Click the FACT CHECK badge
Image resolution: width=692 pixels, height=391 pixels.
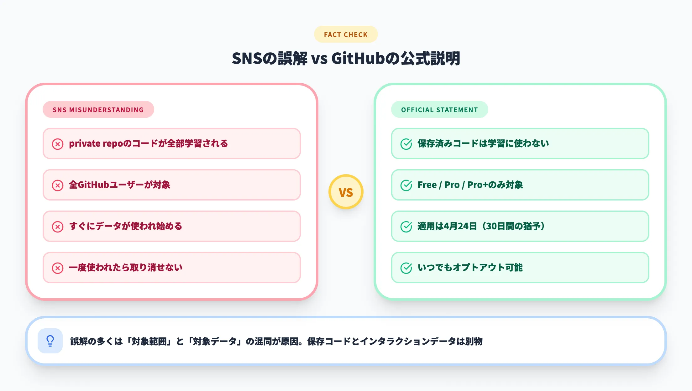click(346, 34)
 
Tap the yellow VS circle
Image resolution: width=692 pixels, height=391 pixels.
click(346, 192)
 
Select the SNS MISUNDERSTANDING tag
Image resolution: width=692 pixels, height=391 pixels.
click(98, 110)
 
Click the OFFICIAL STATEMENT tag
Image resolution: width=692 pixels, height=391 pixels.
click(439, 110)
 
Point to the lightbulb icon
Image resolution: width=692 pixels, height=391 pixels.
click(50, 341)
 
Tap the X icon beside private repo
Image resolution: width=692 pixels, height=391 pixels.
click(58, 144)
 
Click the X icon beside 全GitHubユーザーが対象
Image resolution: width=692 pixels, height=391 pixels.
click(58, 185)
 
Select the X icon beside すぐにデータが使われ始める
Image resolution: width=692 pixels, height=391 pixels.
click(58, 227)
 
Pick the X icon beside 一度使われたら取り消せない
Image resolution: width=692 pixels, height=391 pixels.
click(58, 268)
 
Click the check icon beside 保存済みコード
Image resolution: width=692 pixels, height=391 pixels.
click(406, 144)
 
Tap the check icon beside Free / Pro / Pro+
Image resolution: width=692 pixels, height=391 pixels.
click(406, 185)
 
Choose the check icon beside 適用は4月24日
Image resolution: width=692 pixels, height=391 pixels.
click(406, 227)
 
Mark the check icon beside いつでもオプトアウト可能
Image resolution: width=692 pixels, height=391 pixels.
click(406, 268)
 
